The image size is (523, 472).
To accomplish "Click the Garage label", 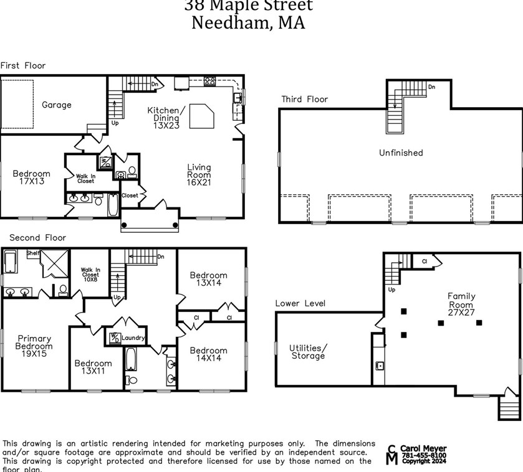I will pyautogui.click(x=56, y=105).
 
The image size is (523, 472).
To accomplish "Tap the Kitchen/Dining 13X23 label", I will pyautogui.click(x=163, y=118).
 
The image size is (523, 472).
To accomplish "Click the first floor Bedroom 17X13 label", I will pyautogui.click(x=31, y=177).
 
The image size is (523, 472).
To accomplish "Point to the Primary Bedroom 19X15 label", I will pyautogui.click(x=34, y=346).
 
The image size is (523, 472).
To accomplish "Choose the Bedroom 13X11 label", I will pyautogui.click(x=93, y=367).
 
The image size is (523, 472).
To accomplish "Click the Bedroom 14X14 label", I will pyautogui.click(x=208, y=354).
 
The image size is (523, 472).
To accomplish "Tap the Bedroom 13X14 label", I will pyautogui.click(x=208, y=279).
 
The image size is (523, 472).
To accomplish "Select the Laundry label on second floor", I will pyautogui.click(x=134, y=338).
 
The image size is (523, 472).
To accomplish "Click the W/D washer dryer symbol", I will pyautogui.click(x=115, y=337).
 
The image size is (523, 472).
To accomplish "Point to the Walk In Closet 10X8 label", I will pyautogui.click(x=90, y=275).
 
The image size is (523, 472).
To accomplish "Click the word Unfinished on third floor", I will pyautogui.click(x=400, y=153).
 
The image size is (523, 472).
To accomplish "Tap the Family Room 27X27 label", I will pyautogui.click(x=461, y=304).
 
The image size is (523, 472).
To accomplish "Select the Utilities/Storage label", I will pyautogui.click(x=308, y=352).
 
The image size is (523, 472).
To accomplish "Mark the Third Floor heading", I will pyautogui.click(x=304, y=99).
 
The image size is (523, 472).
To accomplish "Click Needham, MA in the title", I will pyautogui.click(x=247, y=23).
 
